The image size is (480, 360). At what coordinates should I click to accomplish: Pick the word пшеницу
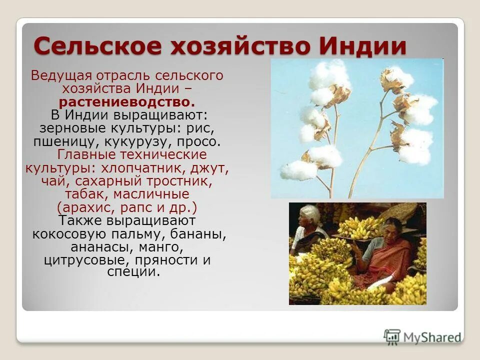[x=59, y=141]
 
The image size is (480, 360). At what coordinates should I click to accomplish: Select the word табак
[x=83, y=193]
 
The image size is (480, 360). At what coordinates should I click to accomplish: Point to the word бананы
[x=198, y=233]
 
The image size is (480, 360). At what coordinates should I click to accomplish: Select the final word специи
[x=133, y=272]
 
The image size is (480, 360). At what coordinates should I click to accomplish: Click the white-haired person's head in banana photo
[x=309, y=215]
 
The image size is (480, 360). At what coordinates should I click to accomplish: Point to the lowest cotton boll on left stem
[x=298, y=170]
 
